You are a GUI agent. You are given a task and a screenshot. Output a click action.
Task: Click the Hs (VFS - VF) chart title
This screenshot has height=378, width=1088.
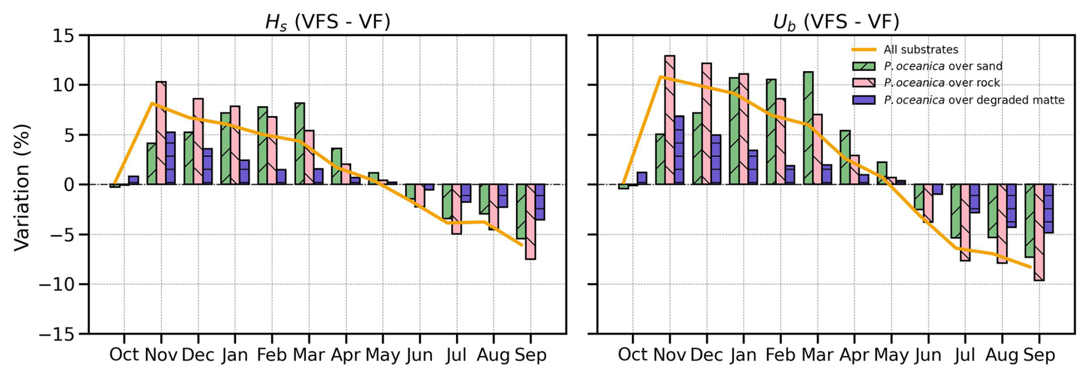(327, 22)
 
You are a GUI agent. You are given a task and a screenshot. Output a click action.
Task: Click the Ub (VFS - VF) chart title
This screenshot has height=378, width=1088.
(836, 22)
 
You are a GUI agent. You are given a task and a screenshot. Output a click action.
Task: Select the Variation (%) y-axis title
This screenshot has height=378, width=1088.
(22, 187)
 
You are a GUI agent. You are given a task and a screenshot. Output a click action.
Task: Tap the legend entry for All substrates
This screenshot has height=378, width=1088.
(920, 50)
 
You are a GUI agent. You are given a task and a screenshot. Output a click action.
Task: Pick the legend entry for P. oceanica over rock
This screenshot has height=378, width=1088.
(941, 83)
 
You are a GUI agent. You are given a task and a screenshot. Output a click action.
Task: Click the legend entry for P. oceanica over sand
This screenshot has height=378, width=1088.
(943, 66)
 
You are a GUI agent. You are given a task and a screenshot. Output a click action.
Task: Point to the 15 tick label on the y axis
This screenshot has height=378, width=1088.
(63, 36)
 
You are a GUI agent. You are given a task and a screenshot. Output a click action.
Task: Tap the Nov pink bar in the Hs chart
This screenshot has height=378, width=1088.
(161, 133)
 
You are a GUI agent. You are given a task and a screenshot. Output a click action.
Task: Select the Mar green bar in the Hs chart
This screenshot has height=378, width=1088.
(300, 144)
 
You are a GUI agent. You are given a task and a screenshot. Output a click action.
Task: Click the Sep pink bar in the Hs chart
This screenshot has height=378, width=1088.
(530, 222)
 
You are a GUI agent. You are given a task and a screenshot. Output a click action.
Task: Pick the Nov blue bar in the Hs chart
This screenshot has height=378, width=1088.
(170, 158)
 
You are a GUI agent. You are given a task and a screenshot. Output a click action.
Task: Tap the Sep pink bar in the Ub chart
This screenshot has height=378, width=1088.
(1039, 233)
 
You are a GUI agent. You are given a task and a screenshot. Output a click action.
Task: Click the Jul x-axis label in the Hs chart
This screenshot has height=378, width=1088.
(456, 354)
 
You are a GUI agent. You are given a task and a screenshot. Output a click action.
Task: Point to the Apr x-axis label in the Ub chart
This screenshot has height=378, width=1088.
(854, 354)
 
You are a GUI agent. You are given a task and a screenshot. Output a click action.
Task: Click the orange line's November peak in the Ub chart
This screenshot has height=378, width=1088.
(661, 76)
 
